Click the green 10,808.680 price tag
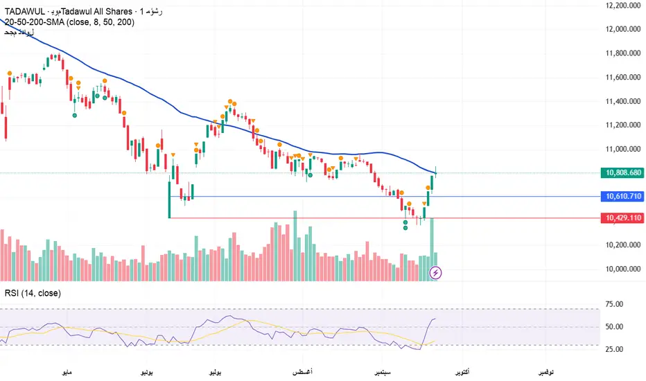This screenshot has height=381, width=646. click(x=622, y=172)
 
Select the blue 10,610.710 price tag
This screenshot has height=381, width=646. click(x=622, y=197)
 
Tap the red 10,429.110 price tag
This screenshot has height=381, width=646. click(x=622, y=218)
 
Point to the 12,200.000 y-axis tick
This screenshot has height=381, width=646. click(x=622, y=6)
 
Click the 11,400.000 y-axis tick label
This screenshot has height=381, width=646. click(x=622, y=101)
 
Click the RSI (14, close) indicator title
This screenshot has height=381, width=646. click(x=33, y=294)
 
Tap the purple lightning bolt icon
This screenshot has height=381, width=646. click(x=436, y=273)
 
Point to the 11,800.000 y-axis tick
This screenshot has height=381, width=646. click(x=622, y=53)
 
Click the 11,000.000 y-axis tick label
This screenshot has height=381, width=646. click(x=622, y=149)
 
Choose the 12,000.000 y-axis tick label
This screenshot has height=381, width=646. click(x=622, y=30)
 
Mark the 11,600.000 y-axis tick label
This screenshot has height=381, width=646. click(x=622, y=78)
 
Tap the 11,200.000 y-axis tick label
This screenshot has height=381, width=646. click(x=622, y=125)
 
